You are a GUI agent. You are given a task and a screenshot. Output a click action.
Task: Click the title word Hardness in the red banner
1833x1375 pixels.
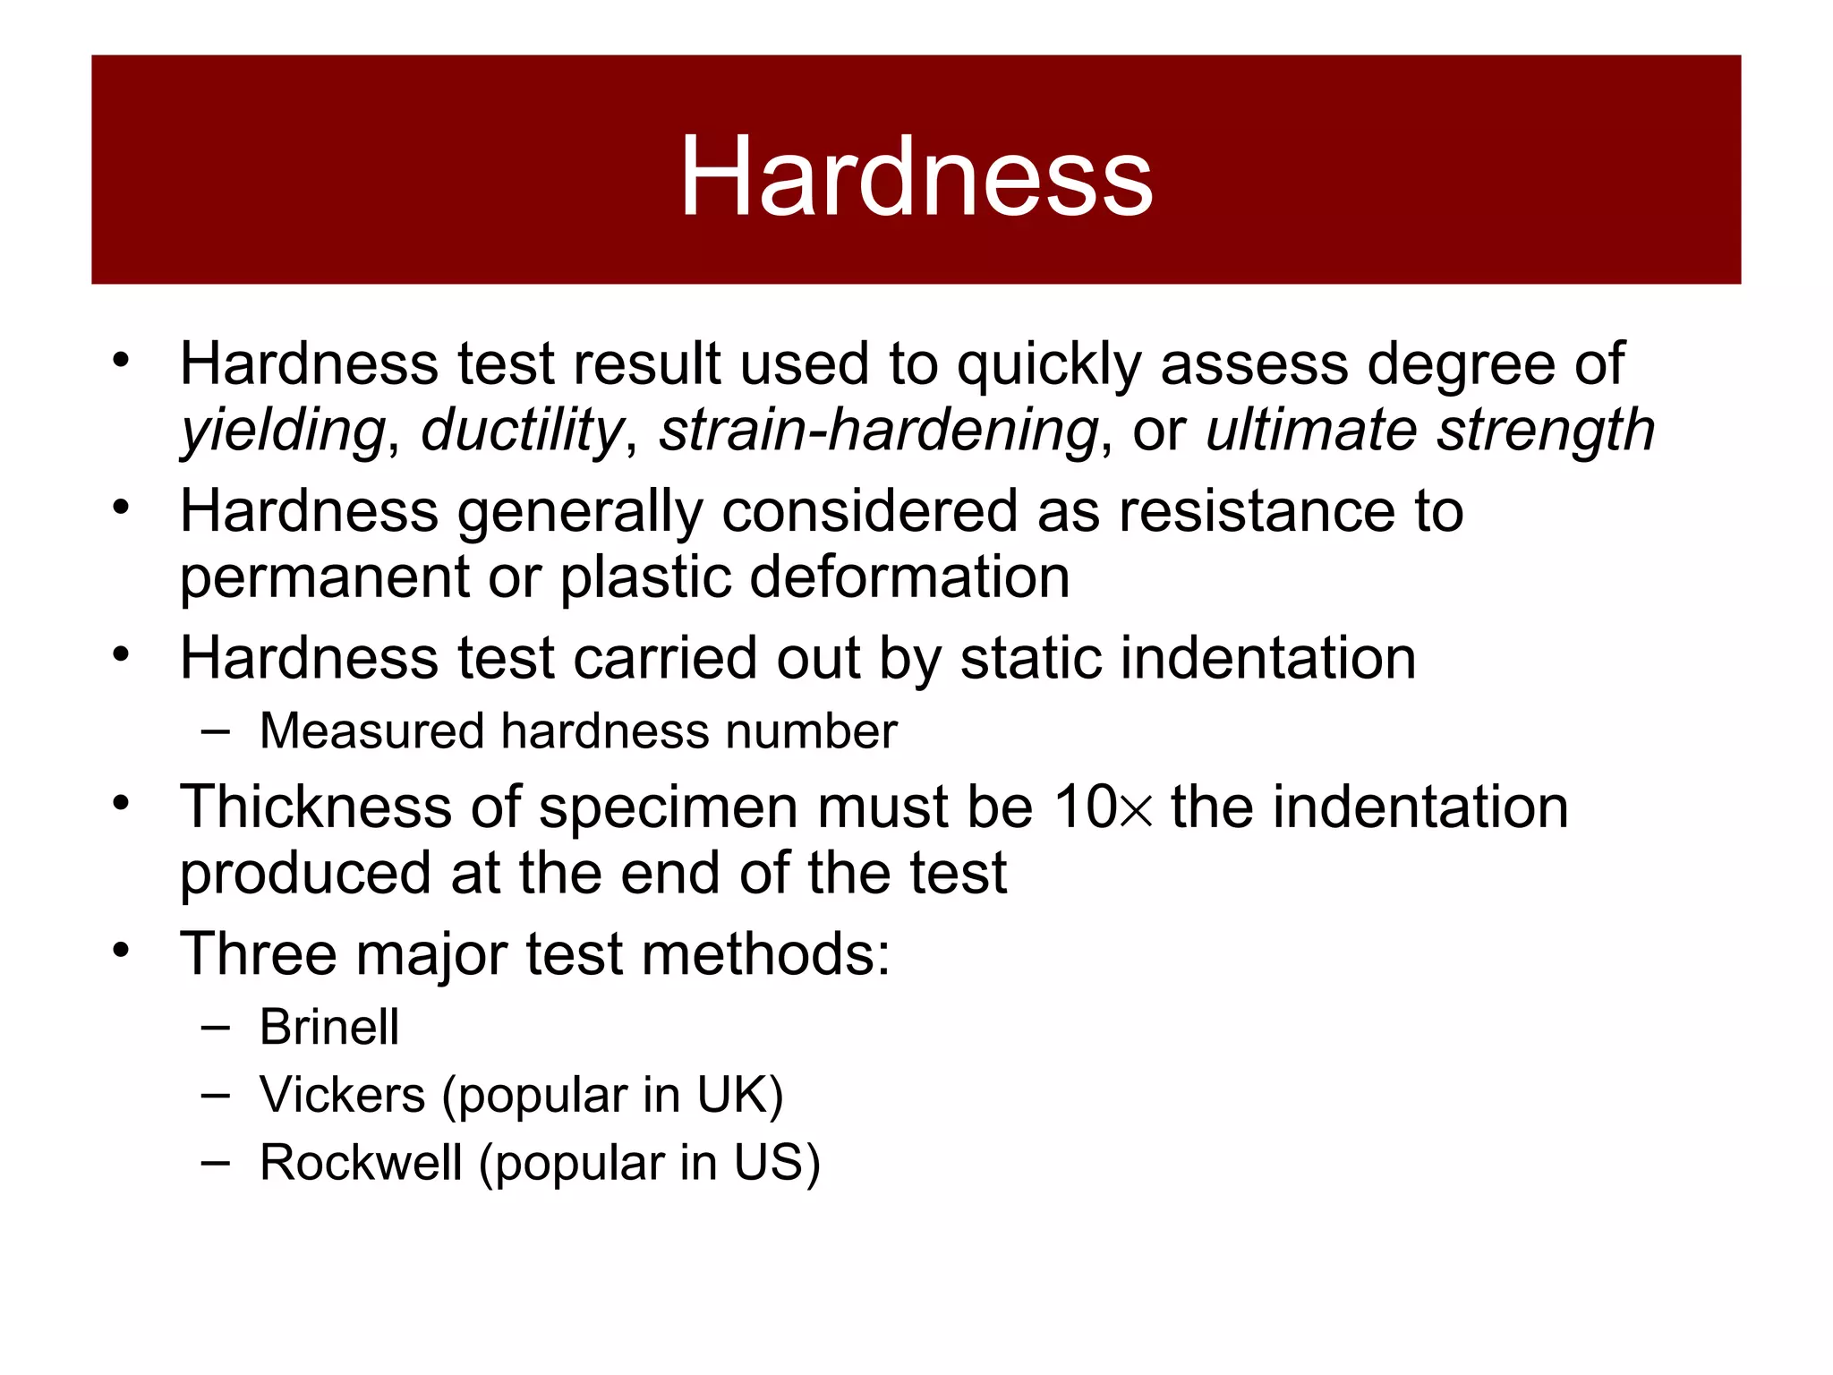coord(916,176)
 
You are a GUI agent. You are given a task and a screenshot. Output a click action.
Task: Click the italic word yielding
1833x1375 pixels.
coord(283,431)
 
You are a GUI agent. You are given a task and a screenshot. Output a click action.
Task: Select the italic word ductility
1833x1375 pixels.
coord(522,430)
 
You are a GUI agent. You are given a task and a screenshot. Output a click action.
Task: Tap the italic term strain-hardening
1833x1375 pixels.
coord(878,431)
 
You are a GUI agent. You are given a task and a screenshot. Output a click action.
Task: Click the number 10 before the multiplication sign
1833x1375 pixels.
coord(1085,807)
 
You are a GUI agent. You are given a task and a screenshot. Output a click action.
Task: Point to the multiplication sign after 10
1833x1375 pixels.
coord(1136,810)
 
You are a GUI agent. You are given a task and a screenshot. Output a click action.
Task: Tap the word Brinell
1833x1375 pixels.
coord(328,1027)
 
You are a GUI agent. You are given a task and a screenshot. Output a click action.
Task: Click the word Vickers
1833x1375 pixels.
coord(342,1095)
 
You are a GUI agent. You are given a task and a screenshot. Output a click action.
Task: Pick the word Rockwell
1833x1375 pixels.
coord(360,1163)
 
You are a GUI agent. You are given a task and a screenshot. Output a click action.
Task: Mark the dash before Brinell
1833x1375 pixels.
coord(216,1027)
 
